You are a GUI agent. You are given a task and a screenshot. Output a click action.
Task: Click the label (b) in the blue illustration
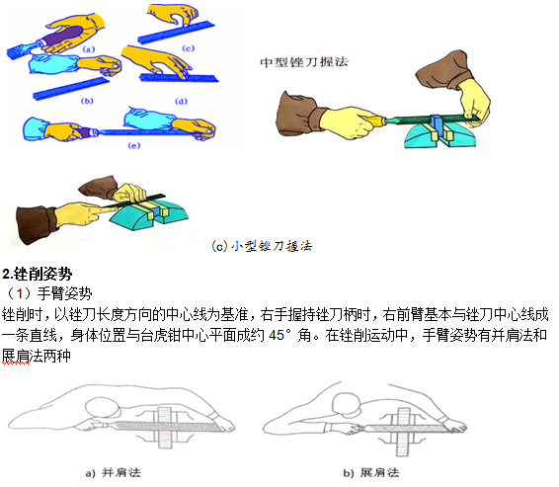click(87, 101)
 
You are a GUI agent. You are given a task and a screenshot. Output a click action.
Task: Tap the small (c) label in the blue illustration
click(188, 48)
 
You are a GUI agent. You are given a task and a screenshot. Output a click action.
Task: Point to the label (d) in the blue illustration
click(181, 101)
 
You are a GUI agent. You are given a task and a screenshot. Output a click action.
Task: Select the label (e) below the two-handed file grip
click(134, 145)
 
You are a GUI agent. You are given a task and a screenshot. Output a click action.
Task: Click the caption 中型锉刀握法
click(304, 62)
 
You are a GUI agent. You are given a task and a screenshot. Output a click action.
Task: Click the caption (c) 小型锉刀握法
click(262, 246)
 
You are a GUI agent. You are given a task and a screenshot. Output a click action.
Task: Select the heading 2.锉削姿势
click(38, 274)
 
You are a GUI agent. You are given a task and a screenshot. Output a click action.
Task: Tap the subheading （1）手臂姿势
click(47, 293)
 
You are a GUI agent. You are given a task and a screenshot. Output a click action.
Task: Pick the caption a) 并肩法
click(114, 473)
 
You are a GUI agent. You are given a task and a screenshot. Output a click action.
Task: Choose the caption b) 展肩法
click(371, 473)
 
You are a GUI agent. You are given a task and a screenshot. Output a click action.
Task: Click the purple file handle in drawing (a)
click(62, 36)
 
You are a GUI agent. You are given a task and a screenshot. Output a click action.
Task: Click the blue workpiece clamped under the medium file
click(437, 124)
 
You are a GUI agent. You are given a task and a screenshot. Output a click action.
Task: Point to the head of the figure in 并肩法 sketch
click(102, 407)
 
